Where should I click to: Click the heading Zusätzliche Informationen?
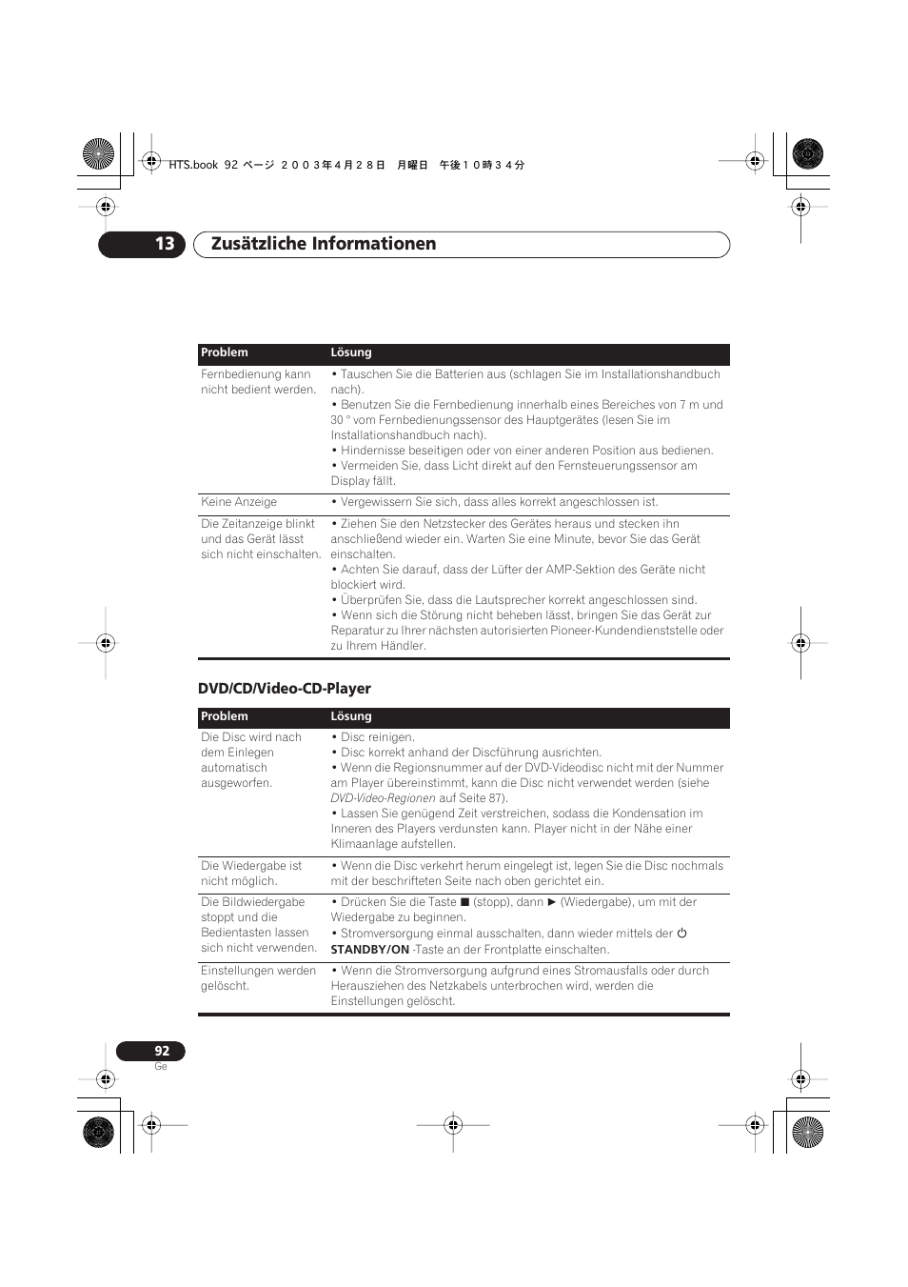point(324,244)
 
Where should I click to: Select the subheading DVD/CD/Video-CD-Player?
point(284,689)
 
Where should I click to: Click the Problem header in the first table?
point(224,352)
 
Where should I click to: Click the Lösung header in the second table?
point(350,716)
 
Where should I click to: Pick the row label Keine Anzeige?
point(239,502)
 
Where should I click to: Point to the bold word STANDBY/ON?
point(369,950)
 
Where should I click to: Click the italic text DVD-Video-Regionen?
point(383,798)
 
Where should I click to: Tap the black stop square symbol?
point(465,902)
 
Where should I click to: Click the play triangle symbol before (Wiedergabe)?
point(551,902)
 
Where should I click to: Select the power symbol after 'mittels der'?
point(681,934)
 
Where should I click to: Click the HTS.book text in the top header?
point(193,165)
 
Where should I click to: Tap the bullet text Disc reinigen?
point(377,737)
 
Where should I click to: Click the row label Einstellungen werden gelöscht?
point(258,978)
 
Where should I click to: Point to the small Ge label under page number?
point(160,1067)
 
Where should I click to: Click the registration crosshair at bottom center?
point(453,1125)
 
